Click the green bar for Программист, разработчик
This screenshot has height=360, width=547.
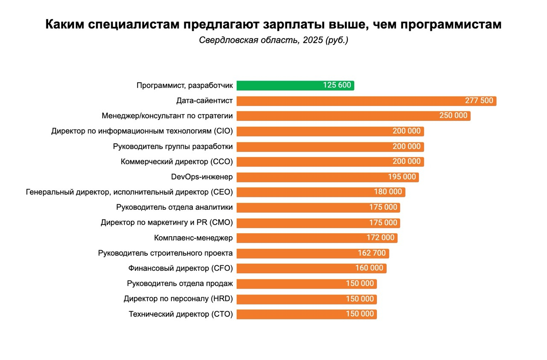coord(278,85)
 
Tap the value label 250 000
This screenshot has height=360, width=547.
coord(453,116)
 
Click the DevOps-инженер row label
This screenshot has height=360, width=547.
coord(202,177)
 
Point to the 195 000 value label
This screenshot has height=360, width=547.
coord(402,177)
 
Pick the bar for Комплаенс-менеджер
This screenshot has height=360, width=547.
coord(299,238)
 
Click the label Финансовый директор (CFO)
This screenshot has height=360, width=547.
coord(180,268)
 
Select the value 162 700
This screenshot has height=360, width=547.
coord(372,253)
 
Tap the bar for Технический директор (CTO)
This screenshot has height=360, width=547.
coord(291,314)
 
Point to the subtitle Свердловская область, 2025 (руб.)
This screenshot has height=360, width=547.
coord(273,41)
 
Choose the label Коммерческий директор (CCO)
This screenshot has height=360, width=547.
coord(176,162)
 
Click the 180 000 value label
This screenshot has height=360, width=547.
coord(388,192)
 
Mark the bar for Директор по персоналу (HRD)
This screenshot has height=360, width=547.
coord(291,299)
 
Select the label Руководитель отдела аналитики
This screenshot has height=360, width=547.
coord(174,208)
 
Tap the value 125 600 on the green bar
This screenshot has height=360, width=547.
coord(337,85)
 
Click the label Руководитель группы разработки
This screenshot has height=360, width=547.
coord(173,146)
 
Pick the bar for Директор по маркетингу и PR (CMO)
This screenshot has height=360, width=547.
coord(299,223)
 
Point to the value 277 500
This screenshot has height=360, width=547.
coord(479,101)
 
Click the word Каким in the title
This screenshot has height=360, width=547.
coord(65,25)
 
